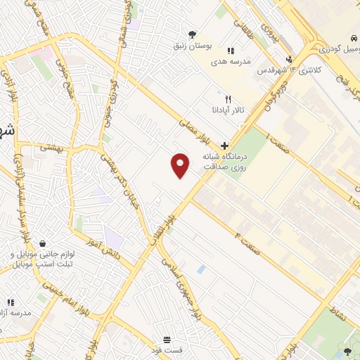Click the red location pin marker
click(181, 165)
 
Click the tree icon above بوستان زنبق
click(191, 33)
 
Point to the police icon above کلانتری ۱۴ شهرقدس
click(289, 59)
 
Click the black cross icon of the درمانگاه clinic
click(224, 143)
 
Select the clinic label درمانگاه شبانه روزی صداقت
click(224, 160)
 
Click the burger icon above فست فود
click(167, 338)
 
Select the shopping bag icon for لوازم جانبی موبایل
click(44, 243)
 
